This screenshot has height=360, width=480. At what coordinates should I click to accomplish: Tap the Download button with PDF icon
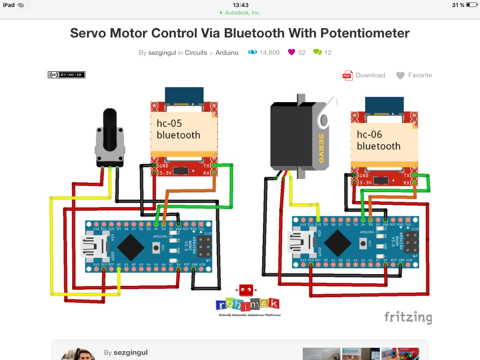[364, 75]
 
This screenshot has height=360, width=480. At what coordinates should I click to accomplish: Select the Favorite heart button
[414, 75]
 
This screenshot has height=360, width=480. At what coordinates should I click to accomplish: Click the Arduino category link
[227, 52]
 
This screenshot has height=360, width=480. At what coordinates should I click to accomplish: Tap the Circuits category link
[195, 52]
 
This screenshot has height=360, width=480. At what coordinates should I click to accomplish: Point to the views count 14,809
[269, 52]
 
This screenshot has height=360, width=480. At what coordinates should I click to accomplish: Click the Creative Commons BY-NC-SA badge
[67, 75]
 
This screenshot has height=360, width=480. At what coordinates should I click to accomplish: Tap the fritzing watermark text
[408, 317]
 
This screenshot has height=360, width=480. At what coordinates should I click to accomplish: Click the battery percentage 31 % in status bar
[458, 5]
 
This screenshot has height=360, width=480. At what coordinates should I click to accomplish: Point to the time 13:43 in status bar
[240, 5]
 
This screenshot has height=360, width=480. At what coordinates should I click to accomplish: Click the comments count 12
[328, 52]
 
